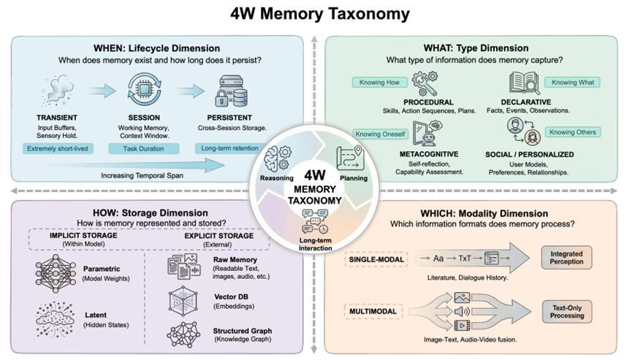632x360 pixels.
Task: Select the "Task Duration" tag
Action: pyautogui.click(x=143, y=148)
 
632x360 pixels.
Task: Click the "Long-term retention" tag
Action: pyautogui.click(x=232, y=148)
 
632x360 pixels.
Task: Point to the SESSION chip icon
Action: pyautogui.click(x=143, y=90)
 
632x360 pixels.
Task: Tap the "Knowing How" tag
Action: pyautogui.click(x=378, y=83)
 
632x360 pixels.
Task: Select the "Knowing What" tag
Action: pyautogui.click(x=573, y=83)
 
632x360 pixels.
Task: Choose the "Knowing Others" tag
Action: pyautogui.click(x=573, y=132)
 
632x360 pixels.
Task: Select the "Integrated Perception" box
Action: pyautogui.click(x=567, y=257)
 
